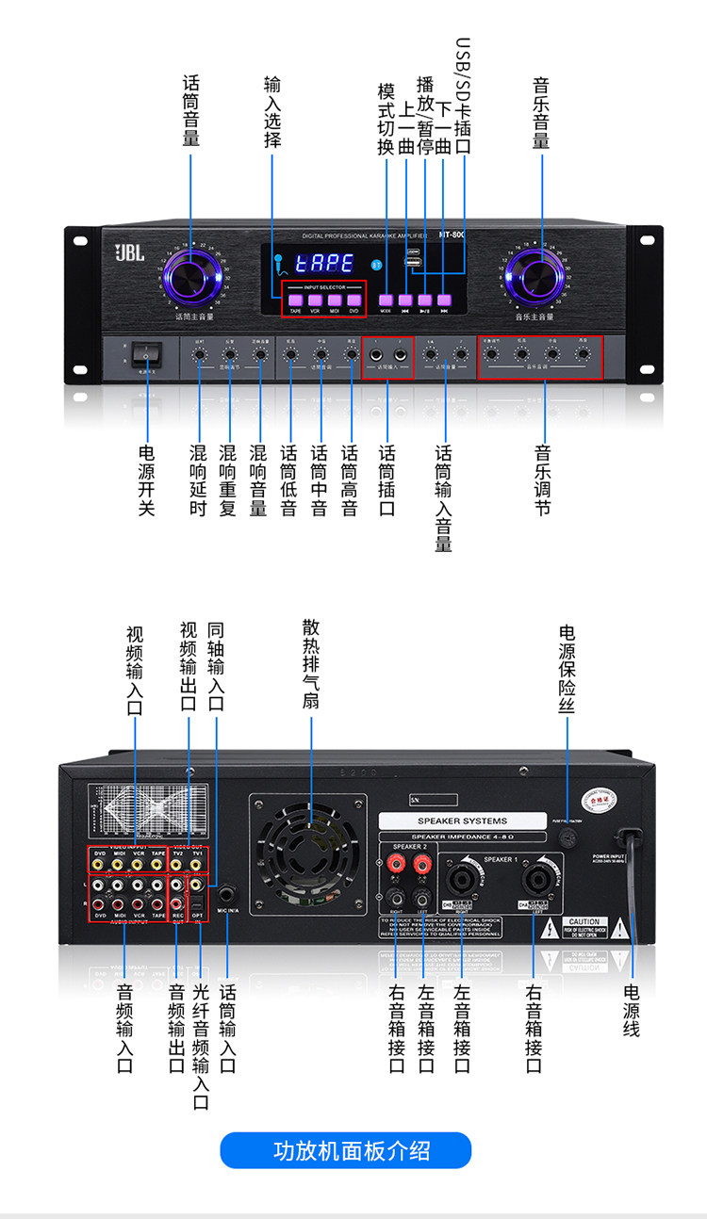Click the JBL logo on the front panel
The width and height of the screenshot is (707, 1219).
pos(130,252)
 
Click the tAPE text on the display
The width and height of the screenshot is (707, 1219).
pos(323,264)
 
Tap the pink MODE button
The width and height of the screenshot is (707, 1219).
pos(386,300)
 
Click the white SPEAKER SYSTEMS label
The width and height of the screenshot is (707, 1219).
pos(462,821)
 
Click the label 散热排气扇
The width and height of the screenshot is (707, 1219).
pos(310,663)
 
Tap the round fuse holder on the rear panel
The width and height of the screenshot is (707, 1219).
pos(567,837)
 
